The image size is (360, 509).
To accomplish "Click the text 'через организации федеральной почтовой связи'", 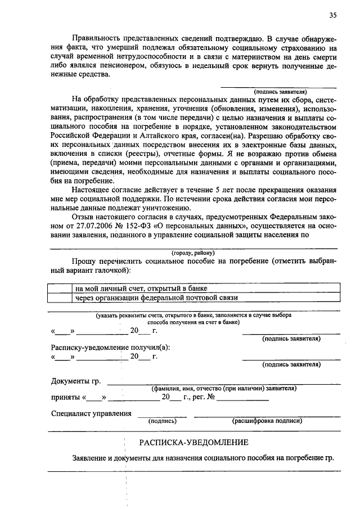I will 157,298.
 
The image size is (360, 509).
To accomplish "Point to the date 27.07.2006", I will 95,226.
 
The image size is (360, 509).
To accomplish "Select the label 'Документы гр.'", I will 76,382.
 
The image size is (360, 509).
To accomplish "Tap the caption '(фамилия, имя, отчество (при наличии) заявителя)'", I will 223,389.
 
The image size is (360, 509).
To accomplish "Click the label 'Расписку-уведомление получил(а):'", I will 110,347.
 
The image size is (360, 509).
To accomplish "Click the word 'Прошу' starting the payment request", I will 83,262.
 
